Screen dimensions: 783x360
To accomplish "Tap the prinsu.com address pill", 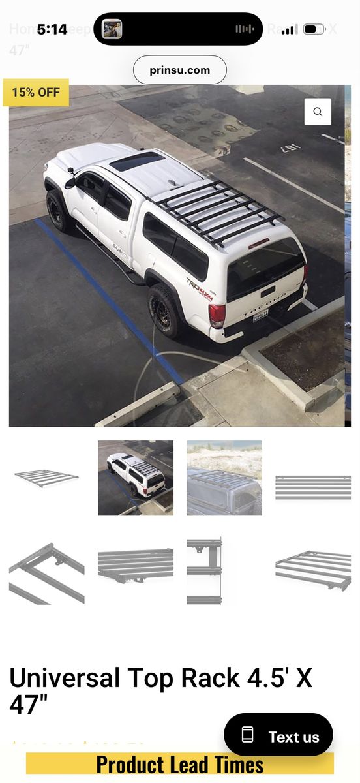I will click(180, 70).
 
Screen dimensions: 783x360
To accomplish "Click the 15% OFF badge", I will click(36, 92).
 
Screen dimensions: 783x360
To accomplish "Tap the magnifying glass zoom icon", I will click(318, 112).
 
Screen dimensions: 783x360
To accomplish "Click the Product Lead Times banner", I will click(180, 764).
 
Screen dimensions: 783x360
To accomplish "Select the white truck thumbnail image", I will click(136, 478).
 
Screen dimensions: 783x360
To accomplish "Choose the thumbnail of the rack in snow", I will click(224, 478).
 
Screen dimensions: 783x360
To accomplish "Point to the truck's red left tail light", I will click(217, 315).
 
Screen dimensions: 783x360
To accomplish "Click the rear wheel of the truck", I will click(164, 310).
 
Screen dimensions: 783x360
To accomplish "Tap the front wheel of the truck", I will click(61, 210).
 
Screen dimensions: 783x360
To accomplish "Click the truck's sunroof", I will click(137, 161).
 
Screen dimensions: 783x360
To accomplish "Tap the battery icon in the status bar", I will click(314, 29).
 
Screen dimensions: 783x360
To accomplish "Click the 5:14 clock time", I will click(52, 29).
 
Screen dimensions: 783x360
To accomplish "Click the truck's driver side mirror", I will click(70, 182).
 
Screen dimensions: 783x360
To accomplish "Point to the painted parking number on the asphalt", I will click(291, 149).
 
